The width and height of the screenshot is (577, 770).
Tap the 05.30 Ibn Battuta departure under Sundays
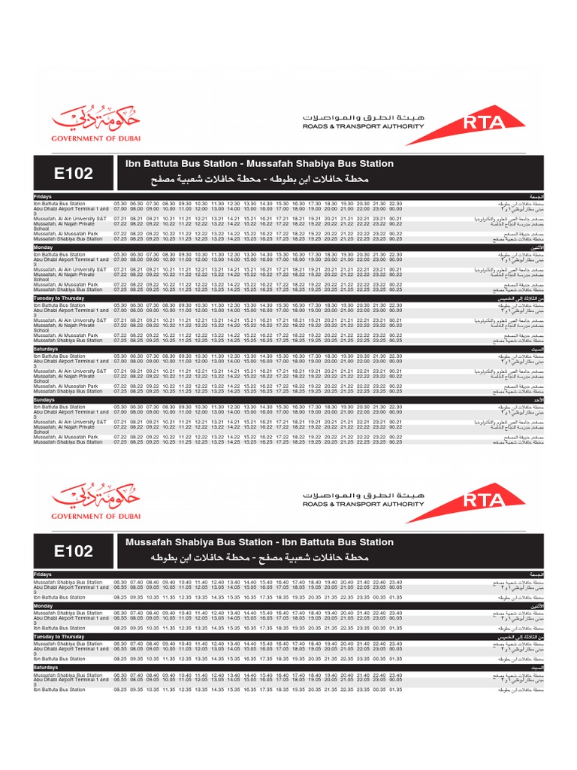pos(120,407)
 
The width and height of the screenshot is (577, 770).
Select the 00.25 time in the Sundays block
pos(396,442)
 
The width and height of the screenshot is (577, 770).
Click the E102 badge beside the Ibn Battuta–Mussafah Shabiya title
pos(74,173)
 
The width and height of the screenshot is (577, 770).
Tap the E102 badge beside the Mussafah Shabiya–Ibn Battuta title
pos(74,551)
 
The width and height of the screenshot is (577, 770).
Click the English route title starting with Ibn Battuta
pos(258,164)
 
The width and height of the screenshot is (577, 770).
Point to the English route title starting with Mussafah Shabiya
pos(258,542)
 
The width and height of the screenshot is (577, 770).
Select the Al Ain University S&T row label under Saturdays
pos(70,371)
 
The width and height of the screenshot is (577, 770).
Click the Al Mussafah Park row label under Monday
pos(66,285)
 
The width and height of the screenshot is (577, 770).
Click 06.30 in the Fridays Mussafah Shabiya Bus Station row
pos(120,582)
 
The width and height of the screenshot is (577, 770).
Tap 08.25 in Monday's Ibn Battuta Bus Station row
pos(120,628)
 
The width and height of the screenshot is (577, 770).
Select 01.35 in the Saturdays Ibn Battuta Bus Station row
pos(396,690)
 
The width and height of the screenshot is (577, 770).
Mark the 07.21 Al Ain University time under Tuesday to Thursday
pos(120,320)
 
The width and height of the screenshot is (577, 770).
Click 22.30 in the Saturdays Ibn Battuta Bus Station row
pos(396,356)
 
